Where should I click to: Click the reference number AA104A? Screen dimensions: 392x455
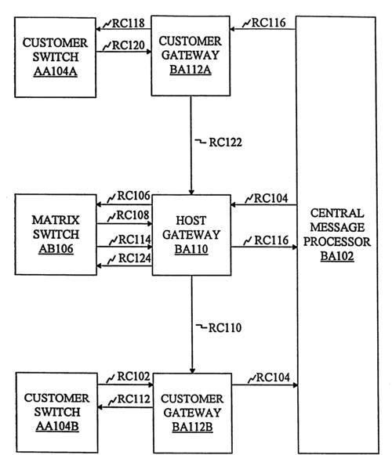(x=56, y=71)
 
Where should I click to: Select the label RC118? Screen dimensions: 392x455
(x=129, y=23)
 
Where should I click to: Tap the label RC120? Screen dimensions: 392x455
(x=129, y=45)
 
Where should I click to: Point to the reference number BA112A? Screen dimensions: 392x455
(x=191, y=70)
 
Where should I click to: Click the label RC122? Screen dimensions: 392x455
(x=226, y=143)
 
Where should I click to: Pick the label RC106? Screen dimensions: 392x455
(x=133, y=196)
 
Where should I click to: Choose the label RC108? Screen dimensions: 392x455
(x=132, y=215)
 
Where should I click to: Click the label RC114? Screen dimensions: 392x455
(x=135, y=240)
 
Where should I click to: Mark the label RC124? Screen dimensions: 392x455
(x=135, y=258)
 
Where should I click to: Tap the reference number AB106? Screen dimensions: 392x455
(x=56, y=249)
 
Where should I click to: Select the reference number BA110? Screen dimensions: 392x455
(x=191, y=249)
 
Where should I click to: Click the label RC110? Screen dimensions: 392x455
(x=225, y=328)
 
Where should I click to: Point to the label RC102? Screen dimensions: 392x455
(x=133, y=377)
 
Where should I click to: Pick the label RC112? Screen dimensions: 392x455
(x=133, y=399)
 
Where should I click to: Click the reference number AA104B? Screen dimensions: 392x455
(x=57, y=426)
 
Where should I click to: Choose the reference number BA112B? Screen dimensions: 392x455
(x=192, y=427)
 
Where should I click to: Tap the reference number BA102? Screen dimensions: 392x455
(x=337, y=256)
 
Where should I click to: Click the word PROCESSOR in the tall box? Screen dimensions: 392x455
(x=337, y=242)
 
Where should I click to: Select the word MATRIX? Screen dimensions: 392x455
(x=56, y=220)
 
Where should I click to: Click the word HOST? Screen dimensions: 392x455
(x=191, y=221)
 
